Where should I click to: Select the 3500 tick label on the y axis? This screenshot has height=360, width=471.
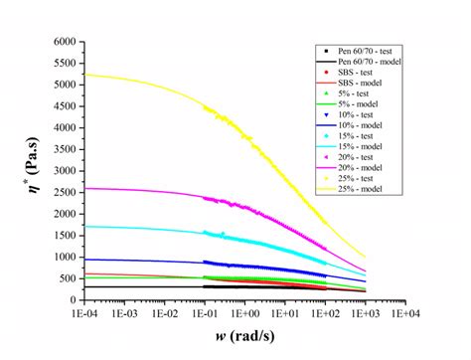coord(63,149)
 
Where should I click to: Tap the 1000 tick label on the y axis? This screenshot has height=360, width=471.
coord(63,257)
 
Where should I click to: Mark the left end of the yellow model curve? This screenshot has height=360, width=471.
coord(84,75)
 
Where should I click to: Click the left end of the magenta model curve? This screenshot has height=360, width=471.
coord(84,188)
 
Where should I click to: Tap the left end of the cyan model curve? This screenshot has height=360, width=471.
coord(84,226)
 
